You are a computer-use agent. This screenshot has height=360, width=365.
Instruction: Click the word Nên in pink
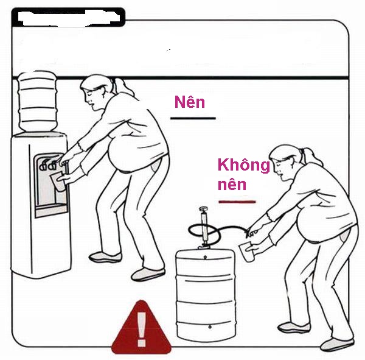pos(189,102)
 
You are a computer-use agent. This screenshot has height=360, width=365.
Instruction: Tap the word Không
pos(244,165)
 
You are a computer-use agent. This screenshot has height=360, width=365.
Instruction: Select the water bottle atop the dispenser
pos(38,101)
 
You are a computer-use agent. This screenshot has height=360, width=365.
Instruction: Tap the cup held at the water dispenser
pos(58,182)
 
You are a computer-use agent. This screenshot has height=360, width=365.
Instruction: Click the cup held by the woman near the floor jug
pos(246,252)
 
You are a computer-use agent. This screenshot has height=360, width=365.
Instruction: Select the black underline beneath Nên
pos(193,118)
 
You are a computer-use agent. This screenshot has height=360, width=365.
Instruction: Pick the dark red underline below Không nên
pos(237,202)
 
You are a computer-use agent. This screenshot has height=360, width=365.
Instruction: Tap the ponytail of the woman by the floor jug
pos(311,157)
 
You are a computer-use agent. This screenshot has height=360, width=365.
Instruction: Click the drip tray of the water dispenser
pos(51,210)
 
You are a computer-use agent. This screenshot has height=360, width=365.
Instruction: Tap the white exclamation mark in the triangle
pos(141,329)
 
